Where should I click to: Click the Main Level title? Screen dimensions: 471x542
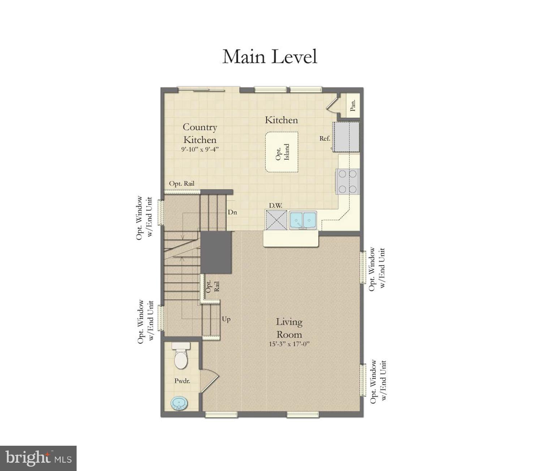(270, 57)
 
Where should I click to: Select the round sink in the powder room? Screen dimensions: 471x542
(179, 403)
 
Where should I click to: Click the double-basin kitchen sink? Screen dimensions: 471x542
(303, 220)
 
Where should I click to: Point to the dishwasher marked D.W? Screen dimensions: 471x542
(276, 220)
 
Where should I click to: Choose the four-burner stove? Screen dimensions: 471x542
(347, 181)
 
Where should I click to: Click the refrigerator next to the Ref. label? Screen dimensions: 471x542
(346, 137)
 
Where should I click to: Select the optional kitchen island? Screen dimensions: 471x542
(281, 152)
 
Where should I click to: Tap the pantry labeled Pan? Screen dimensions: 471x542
(353, 105)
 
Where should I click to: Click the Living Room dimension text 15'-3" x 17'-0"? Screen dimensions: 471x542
(289, 344)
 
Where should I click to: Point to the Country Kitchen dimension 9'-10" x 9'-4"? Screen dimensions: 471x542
(200, 149)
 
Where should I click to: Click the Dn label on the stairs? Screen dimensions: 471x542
(232, 212)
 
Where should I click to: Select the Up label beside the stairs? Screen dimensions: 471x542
(226, 319)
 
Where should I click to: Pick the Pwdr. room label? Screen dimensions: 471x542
(182, 380)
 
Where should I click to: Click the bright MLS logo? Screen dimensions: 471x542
(38, 458)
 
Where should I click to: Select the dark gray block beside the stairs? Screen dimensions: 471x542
(216, 252)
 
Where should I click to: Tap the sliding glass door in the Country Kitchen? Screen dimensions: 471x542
(201, 90)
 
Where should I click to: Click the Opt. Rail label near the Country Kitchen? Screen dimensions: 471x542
(182, 183)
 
